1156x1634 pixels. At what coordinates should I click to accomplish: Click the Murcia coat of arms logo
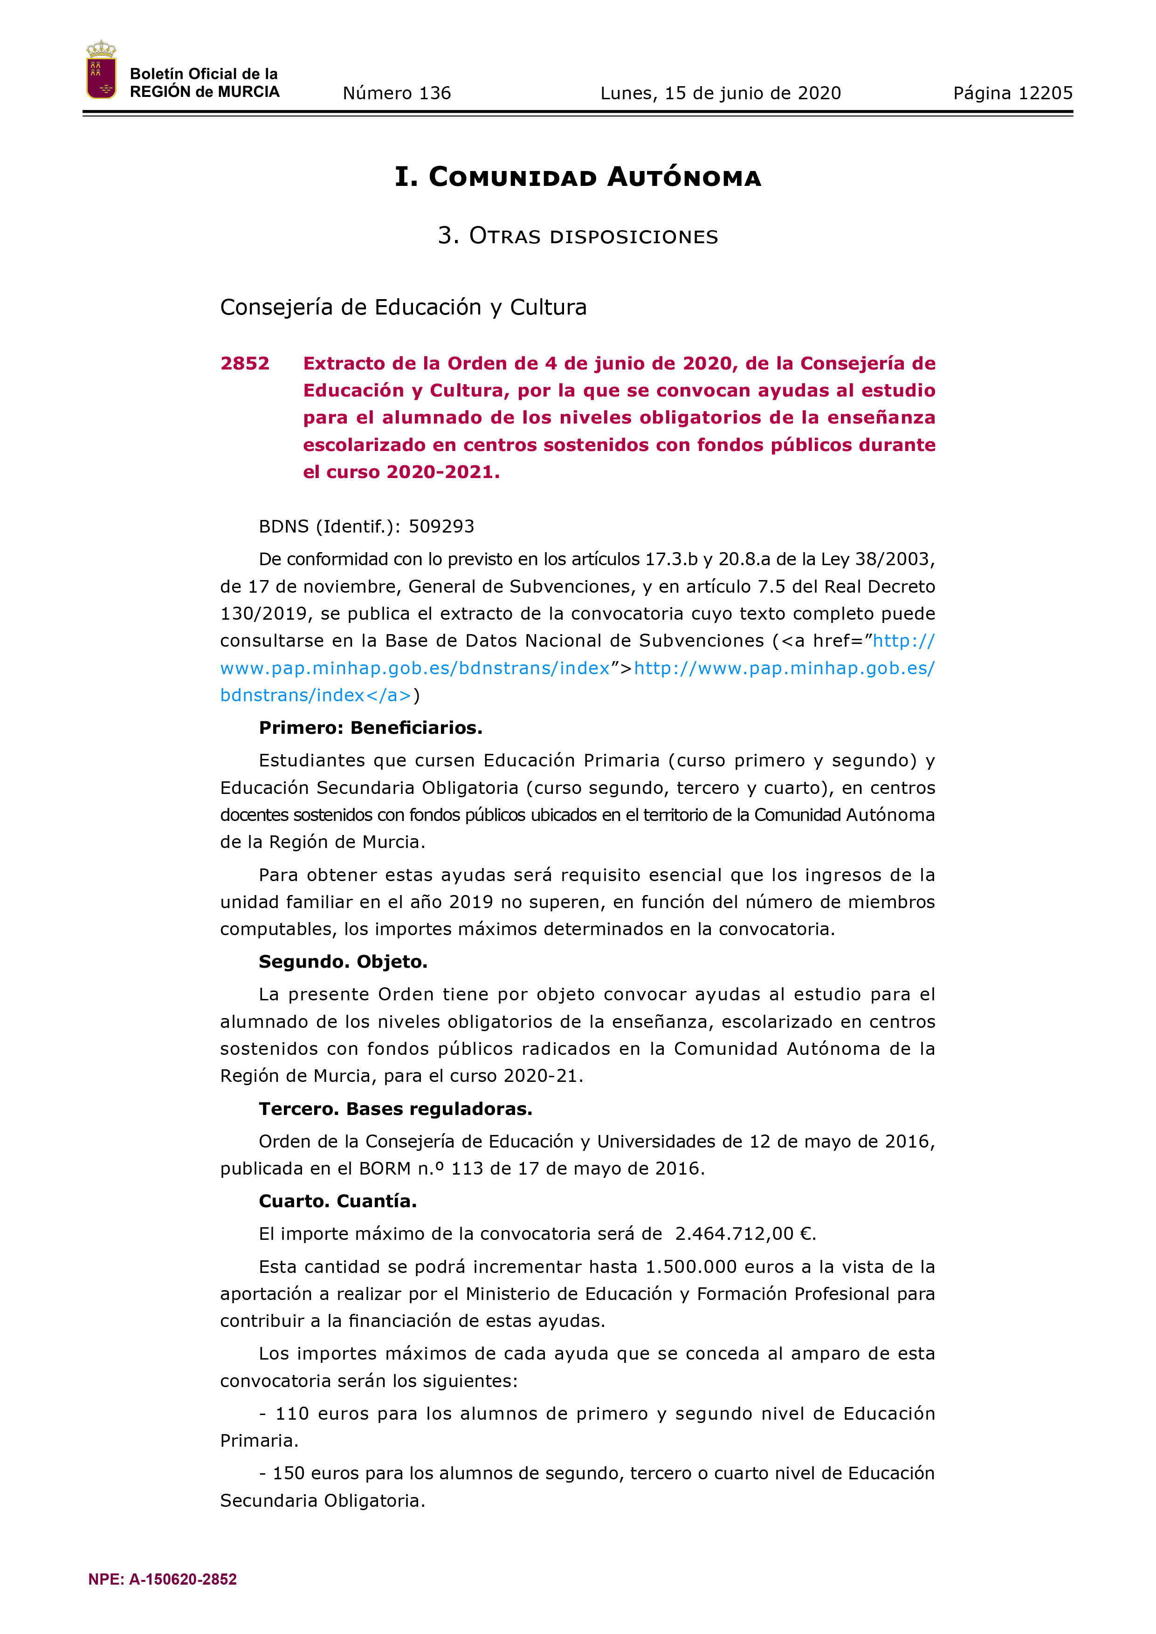(101, 70)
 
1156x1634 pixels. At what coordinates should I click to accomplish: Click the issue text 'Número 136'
(397, 93)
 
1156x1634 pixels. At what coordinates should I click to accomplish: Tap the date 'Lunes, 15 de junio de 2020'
(720, 93)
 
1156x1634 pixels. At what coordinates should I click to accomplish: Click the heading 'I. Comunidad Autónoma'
(578, 177)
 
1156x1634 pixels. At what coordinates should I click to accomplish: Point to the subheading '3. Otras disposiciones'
(578, 236)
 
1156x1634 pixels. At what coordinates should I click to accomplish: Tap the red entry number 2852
(245, 364)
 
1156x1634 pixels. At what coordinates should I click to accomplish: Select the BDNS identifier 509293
(441, 526)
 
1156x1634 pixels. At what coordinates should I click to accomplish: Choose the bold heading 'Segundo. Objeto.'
(343, 962)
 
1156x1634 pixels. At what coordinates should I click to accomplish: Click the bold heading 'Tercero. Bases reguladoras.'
(395, 1109)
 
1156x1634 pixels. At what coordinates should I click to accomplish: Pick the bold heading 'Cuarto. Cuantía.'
(337, 1201)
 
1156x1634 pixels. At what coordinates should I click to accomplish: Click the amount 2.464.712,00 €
(744, 1234)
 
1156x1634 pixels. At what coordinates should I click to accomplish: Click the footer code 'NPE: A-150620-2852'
(162, 1579)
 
